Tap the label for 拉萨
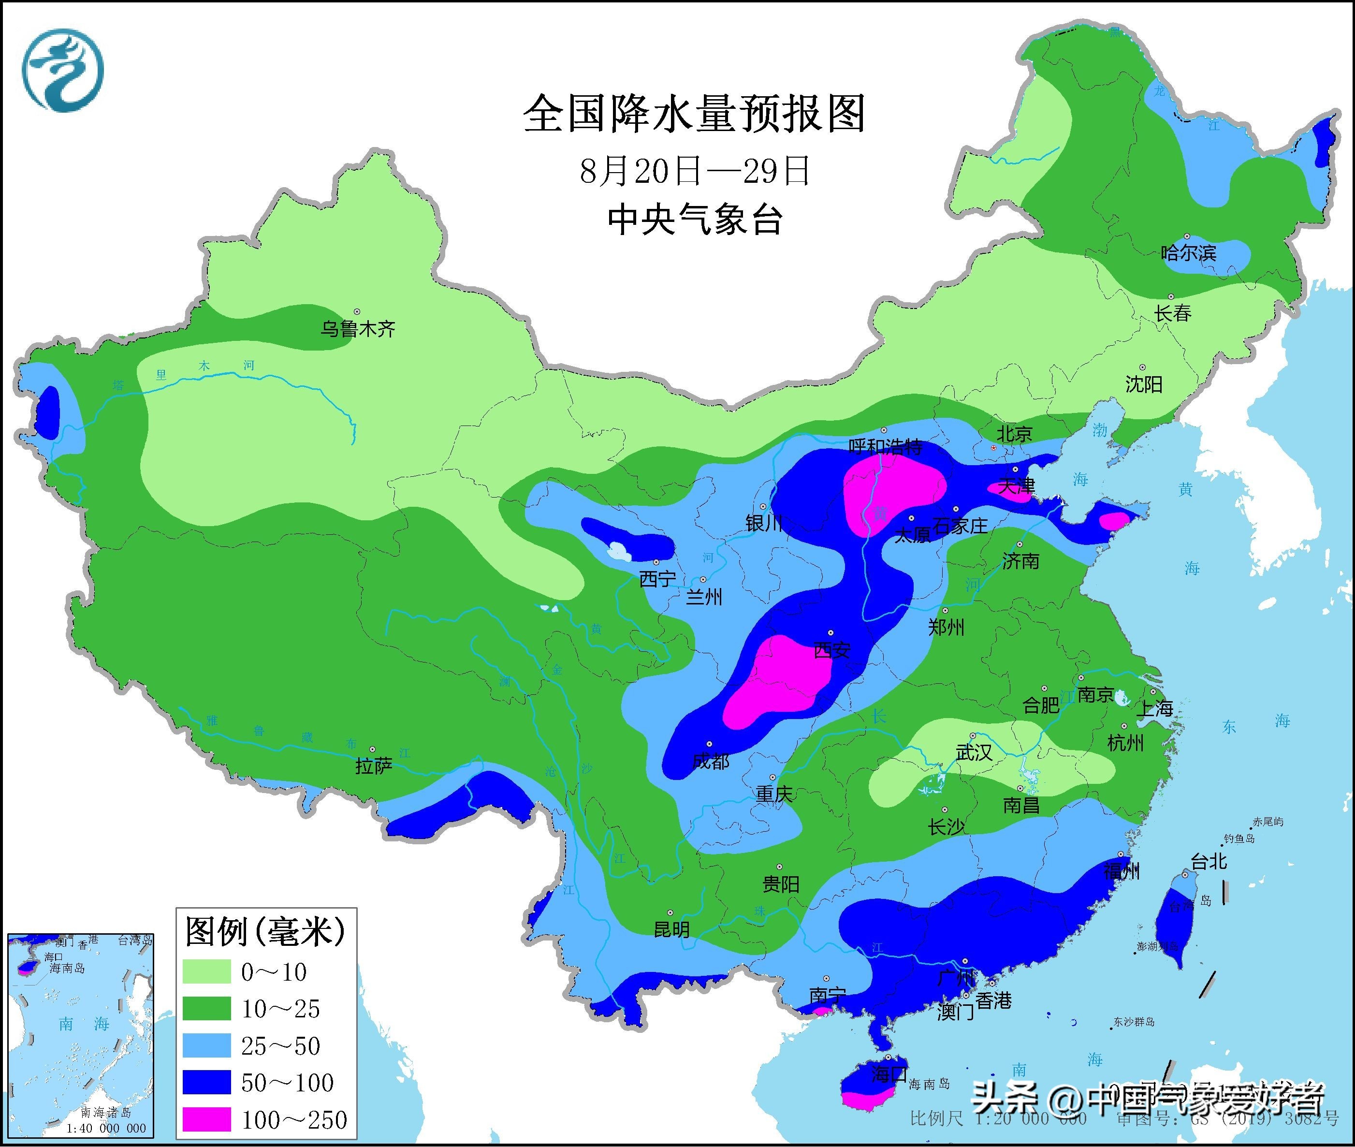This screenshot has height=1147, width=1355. point(374,766)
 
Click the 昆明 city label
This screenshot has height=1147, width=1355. point(671,930)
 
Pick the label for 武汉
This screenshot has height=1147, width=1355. point(974,752)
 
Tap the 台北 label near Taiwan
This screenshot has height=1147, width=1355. point(1209,862)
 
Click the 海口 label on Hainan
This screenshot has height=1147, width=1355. point(889,1073)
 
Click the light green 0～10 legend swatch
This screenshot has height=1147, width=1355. point(207,971)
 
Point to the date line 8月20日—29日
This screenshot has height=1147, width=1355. point(694,171)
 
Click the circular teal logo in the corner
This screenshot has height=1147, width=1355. point(64,70)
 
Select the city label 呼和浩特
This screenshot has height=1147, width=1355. point(885,447)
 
